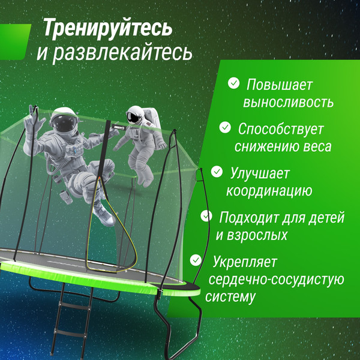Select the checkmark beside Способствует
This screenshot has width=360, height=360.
click(x=225, y=127)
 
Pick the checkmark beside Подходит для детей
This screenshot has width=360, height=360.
click(x=206, y=216)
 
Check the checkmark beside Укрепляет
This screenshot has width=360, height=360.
click(x=196, y=260)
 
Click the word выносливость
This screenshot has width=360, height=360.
click(x=288, y=102)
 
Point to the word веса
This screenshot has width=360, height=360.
click(x=314, y=146)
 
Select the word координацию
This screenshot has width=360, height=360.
click(x=268, y=191)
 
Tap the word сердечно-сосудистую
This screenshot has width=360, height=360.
click(x=275, y=279)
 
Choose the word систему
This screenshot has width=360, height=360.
click(x=230, y=296)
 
